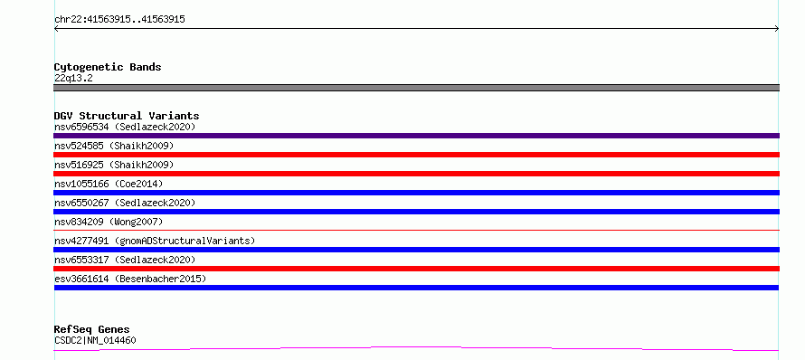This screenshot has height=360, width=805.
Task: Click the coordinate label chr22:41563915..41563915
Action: [x=119, y=20]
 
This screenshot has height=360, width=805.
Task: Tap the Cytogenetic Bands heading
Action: [x=108, y=67]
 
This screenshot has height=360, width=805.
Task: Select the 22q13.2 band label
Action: [x=73, y=79]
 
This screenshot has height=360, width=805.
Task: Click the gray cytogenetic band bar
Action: [x=416, y=88]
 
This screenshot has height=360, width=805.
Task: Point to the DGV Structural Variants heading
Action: [x=127, y=116]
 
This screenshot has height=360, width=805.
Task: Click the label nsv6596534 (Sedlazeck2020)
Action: [x=125, y=127]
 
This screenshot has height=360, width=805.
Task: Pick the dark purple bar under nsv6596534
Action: [x=416, y=136]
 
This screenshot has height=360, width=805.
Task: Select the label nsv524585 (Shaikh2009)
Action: [x=114, y=146]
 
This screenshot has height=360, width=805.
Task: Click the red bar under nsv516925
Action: [x=416, y=174]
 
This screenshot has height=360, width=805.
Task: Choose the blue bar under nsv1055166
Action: [x=416, y=193]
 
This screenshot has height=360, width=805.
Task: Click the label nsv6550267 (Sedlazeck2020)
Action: [x=125, y=203]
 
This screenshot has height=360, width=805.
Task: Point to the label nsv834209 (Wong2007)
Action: [x=109, y=222]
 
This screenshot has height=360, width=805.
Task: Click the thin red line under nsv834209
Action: [x=416, y=231]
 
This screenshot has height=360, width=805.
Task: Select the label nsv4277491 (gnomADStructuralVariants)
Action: [x=155, y=241]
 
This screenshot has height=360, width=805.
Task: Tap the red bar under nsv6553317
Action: [x=416, y=269]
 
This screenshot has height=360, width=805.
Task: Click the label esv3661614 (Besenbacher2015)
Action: [x=130, y=279]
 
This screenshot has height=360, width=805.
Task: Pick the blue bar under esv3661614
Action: [x=416, y=288]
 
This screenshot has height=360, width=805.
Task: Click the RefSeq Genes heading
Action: [x=91, y=330]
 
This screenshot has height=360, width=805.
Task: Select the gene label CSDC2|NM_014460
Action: [x=95, y=340]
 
